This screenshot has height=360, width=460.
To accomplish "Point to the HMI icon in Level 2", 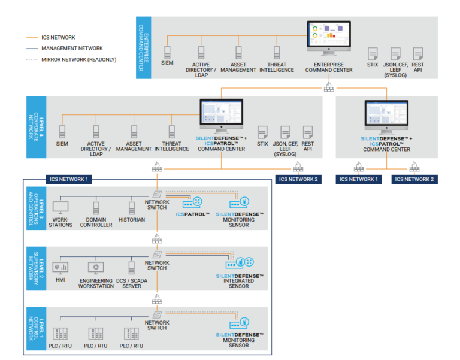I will [x=60, y=267].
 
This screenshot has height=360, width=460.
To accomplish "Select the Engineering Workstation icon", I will [x=95, y=267].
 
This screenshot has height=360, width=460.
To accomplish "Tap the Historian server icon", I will [x=132, y=208].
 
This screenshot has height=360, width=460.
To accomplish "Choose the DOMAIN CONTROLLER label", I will [x=96, y=222].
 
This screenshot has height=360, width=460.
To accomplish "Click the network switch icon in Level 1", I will [x=157, y=315].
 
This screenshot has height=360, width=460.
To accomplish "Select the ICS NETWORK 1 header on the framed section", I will [x=69, y=179].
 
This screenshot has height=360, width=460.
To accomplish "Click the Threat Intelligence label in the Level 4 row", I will [x=172, y=146].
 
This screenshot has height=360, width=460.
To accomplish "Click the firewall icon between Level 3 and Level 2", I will [x=157, y=237].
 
